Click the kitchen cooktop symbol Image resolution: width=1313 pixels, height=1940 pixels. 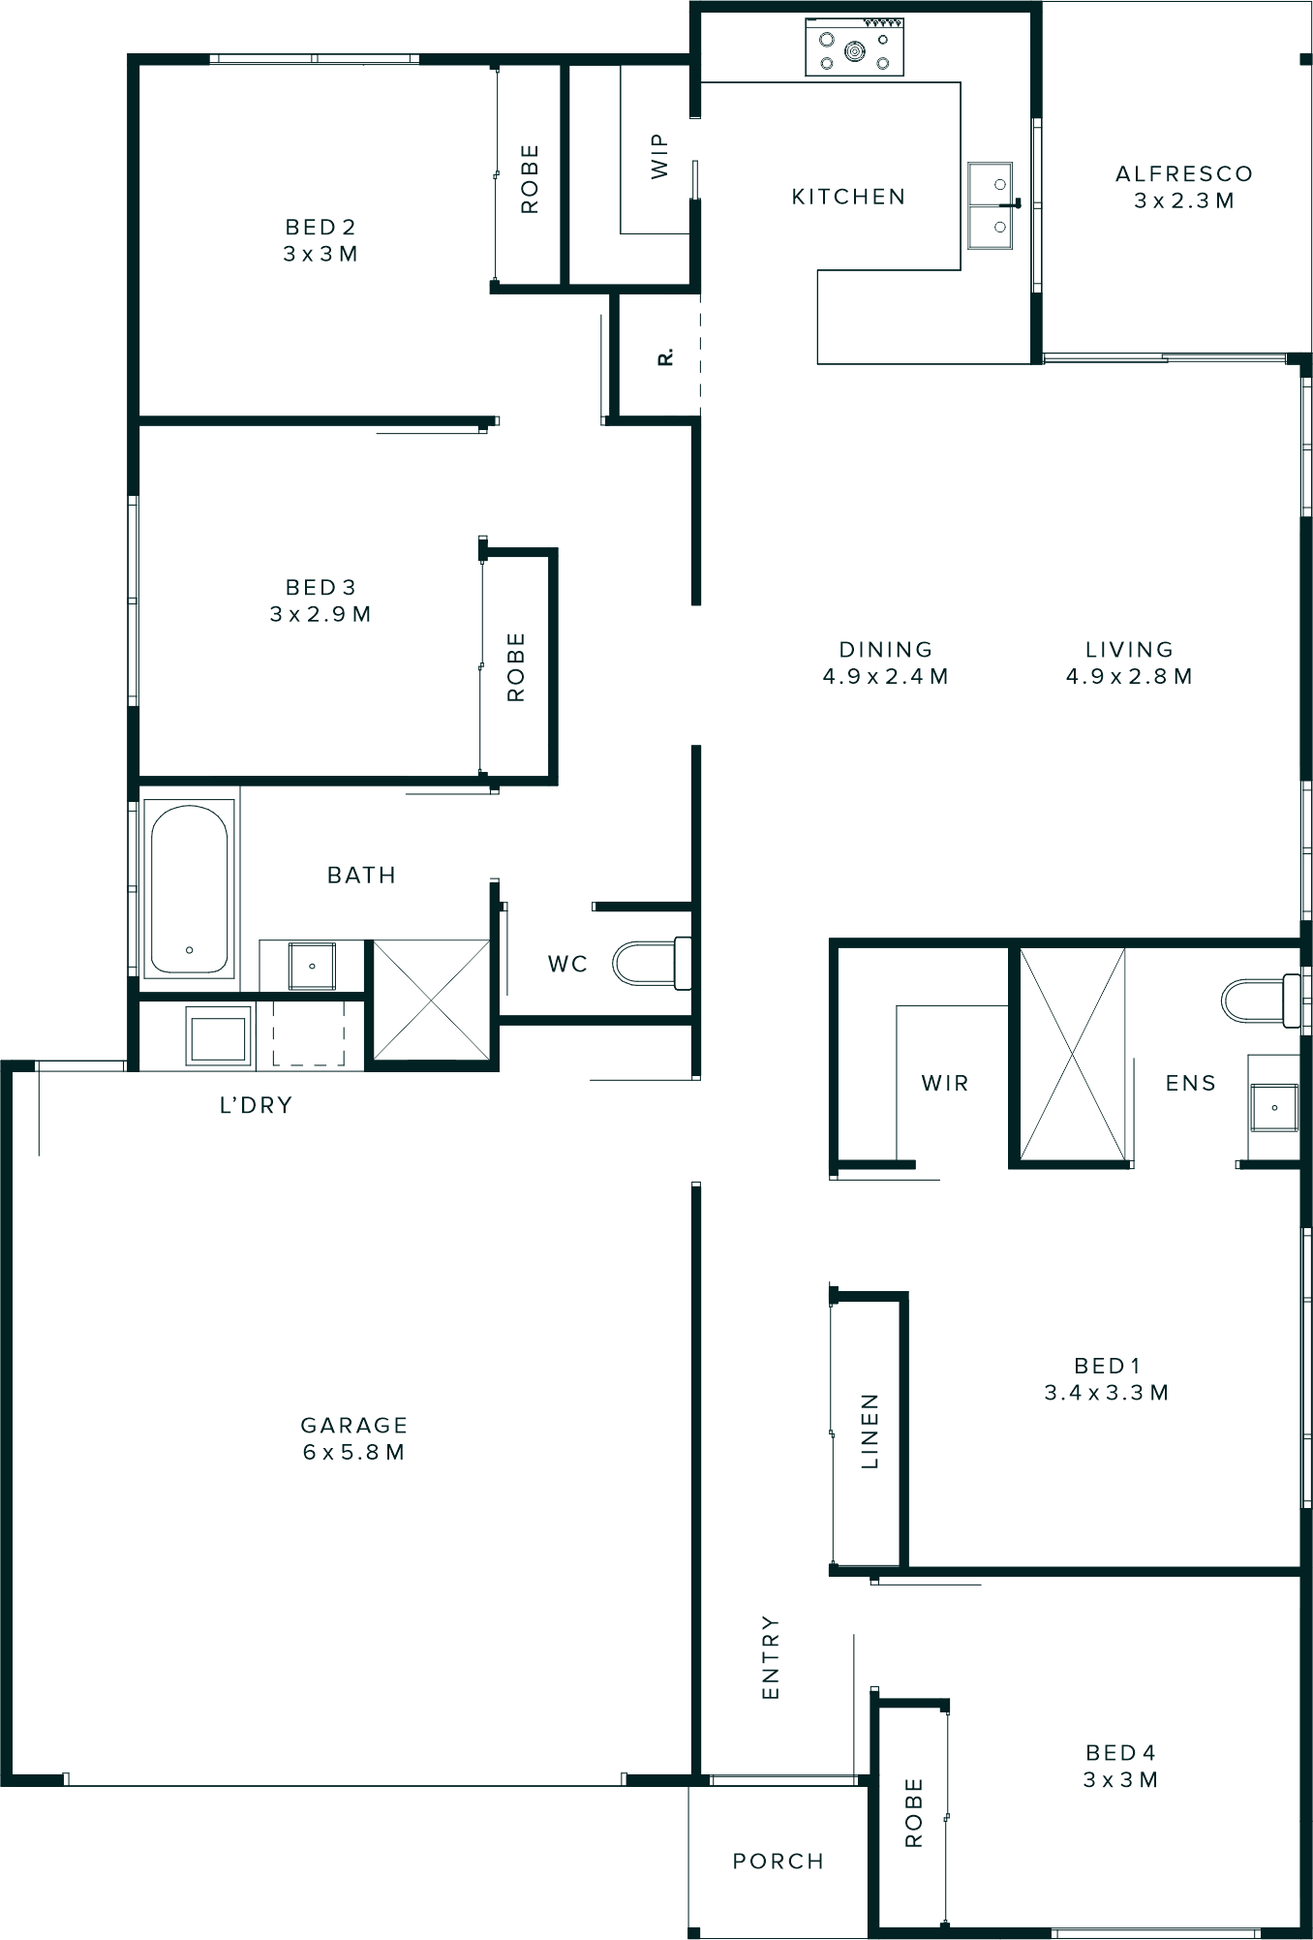click(x=855, y=48)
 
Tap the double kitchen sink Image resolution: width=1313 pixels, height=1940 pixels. click(x=990, y=205)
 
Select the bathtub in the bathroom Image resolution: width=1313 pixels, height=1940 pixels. click(x=190, y=889)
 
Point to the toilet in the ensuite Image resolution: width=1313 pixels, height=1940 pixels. click(x=1260, y=1000)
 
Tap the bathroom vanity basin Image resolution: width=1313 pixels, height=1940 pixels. click(x=312, y=965)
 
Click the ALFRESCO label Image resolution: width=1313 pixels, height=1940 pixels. click(x=1184, y=174)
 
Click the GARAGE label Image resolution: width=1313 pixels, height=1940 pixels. click(x=354, y=1425)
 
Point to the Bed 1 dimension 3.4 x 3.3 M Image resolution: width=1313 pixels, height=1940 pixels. click(x=1107, y=1393)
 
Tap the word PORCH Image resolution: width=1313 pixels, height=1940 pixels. click(x=779, y=1861)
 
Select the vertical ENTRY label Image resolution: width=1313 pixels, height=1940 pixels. click(x=771, y=1656)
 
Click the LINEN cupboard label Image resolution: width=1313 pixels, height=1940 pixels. click(x=870, y=1432)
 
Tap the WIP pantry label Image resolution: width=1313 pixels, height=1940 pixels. click(x=659, y=156)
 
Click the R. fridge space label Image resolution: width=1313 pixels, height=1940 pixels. click(x=665, y=356)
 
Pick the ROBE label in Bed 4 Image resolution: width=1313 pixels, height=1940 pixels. click(x=913, y=1812)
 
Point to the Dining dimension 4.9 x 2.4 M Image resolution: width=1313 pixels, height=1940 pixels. click(x=885, y=676)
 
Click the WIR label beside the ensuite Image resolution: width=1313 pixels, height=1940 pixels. click(x=945, y=1083)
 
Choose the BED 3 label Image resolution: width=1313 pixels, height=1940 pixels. click(x=321, y=587)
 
